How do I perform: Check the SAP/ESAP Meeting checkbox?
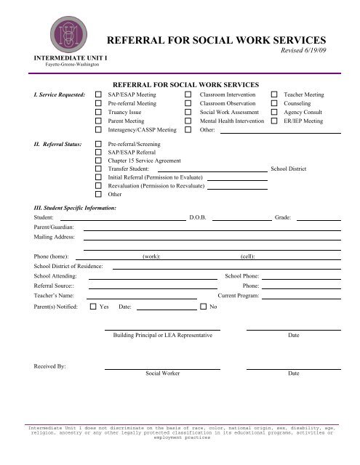click(x=99, y=94)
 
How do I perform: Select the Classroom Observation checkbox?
click(x=188, y=104)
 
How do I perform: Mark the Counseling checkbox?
click(x=274, y=104)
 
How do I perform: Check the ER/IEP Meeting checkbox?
click(x=274, y=121)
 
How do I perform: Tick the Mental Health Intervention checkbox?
click(x=188, y=121)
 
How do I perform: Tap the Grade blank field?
click(x=318, y=217)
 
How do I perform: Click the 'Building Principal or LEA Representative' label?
click(x=163, y=336)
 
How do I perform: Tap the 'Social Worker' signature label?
click(x=163, y=373)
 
